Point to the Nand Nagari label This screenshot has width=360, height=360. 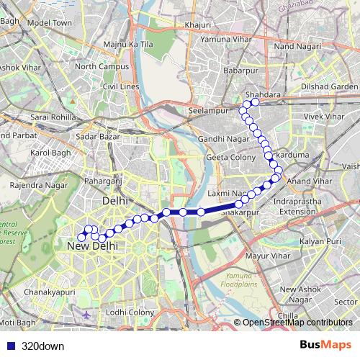point(296,46)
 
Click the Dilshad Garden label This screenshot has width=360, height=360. point(324,86)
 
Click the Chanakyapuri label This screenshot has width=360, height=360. point(49,293)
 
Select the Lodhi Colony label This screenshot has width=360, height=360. point(130,312)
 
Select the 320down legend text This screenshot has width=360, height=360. point(42,345)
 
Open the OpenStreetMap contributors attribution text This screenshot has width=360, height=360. point(297,323)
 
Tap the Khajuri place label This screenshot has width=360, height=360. point(197,24)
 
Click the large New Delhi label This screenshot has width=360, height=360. point(92,246)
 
